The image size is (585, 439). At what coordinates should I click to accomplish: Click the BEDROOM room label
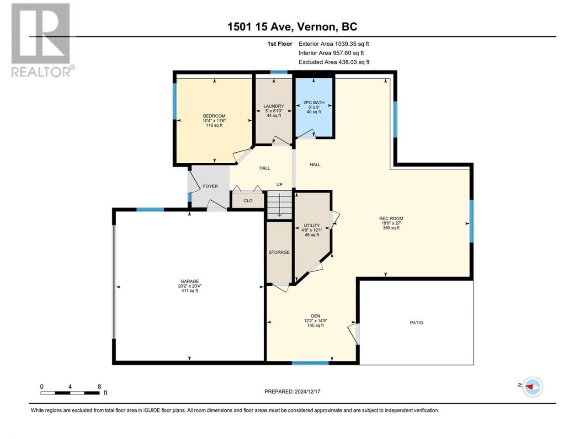214,116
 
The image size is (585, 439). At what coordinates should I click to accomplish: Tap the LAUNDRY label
274,106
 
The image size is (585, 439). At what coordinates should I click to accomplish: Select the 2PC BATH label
314,102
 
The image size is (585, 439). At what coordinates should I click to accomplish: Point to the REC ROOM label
391,218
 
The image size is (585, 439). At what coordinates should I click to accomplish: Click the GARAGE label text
190,281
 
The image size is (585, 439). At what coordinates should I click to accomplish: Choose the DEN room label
315,316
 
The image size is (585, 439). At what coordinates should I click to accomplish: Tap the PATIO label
416,323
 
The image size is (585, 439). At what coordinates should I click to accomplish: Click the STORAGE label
279,252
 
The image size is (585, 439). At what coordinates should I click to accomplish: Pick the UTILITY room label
312,225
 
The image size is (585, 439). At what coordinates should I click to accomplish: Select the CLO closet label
248,201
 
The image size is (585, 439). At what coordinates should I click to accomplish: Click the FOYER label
210,186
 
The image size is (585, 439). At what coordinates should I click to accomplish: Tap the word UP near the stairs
279,184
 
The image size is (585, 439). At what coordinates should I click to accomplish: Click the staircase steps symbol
280,205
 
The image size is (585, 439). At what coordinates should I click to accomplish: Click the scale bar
70,393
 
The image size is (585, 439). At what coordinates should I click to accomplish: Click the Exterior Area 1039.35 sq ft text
334,44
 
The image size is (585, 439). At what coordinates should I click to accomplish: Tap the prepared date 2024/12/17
307,391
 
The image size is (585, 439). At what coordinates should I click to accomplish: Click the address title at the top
292,27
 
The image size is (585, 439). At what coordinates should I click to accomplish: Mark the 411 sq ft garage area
190,291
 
